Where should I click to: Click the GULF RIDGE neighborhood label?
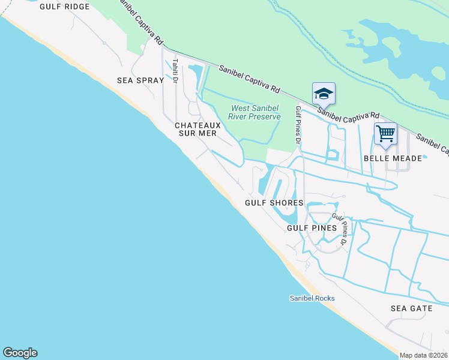(x=65, y=7)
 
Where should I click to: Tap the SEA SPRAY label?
(x=140, y=80)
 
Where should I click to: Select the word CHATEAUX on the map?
(x=198, y=125)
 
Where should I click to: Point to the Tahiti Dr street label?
(x=175, y=71)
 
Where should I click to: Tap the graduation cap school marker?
(x=323, y=94)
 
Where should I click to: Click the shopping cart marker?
(x=385, y=133)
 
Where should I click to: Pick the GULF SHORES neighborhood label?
(x=274, y=203)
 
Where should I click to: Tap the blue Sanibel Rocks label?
(x=312, y=298)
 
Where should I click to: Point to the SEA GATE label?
(x=411, y=308)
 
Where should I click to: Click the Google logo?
(x=20, y=353)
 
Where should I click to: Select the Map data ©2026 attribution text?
(x=424, y=355)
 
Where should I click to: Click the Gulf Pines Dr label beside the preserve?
(x=297, y=125)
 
